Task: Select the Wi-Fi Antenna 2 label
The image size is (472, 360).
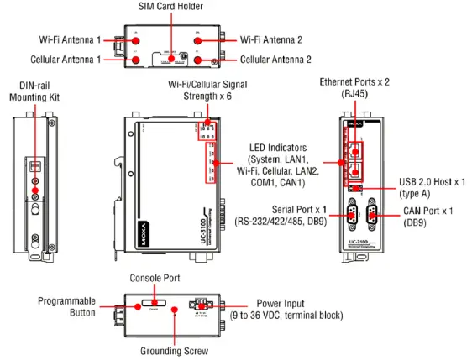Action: [x=274, y=39]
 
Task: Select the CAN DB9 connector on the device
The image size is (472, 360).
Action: [x=373, y=216]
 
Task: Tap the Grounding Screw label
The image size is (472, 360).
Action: [x=174, y=352]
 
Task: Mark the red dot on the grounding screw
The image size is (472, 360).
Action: [x=174, y=310]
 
